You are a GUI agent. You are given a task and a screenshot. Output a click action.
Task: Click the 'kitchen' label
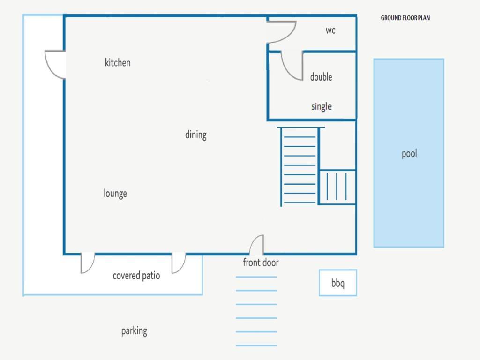click(x=118, y=62)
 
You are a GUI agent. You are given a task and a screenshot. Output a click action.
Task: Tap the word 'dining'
click(x=196, y=135)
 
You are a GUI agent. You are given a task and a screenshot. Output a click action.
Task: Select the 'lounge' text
click(x=115, y=194)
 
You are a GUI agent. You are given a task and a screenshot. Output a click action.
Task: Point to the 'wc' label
click(x=330, y=30)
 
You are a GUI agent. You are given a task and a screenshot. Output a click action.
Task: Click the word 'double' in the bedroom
click(x=321, y=76)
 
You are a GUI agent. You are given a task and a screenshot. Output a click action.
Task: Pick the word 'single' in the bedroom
click(x=322, y=106)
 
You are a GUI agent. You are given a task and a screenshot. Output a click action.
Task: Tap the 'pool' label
click(x=409, y=153)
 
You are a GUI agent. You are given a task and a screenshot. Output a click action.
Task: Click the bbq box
click(x=338, y=283)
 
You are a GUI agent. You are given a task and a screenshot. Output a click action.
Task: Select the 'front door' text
click(x=261, y=262)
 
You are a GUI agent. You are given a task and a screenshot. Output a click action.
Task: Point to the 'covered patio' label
click(x=136, y=276)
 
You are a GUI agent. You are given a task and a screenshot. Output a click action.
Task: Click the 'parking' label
click(x=134, y=331)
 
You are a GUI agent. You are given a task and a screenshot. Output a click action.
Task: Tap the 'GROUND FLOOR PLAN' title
click(x=405, y=18)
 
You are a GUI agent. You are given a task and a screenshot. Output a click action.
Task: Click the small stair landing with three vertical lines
click(x=337, y=187)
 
